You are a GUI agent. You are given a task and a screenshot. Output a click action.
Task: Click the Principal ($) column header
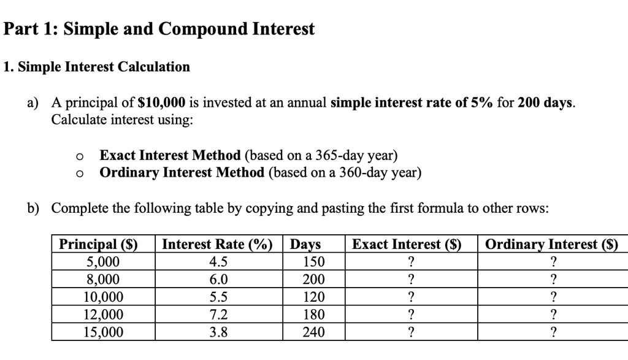click(x=98, y=245)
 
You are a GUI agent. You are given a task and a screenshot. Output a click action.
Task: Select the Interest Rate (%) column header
click(x=217, y=245)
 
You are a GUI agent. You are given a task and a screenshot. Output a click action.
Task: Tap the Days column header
click(x=305, y=245)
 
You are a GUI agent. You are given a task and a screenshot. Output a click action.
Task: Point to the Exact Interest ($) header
click(x=407, y=245)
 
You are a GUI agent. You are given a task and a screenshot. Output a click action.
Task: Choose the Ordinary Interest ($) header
click(x=551, y=245)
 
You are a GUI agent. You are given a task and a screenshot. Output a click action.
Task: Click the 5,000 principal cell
click(x=103, y=262)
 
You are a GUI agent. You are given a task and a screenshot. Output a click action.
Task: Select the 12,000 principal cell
click(x=103, y=315)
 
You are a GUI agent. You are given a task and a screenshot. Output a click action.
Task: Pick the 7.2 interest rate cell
click(x=218, y=315)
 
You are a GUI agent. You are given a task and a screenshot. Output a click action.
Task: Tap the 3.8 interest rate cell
click(x=218, y=332)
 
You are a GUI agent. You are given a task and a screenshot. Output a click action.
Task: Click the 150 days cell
click(x=314, y=262)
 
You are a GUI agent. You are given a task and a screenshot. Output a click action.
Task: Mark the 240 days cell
click(x=314, y=332)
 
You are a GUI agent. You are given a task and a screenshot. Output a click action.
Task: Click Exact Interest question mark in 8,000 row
click(x=411, y=280)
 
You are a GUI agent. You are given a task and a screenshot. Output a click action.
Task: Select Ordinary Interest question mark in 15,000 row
click(x=554, y=332)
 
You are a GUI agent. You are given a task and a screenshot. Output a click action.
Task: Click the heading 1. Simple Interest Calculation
click(x=96, y=67)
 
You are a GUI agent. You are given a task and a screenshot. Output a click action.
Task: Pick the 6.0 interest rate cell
click(x=218, y=280)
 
